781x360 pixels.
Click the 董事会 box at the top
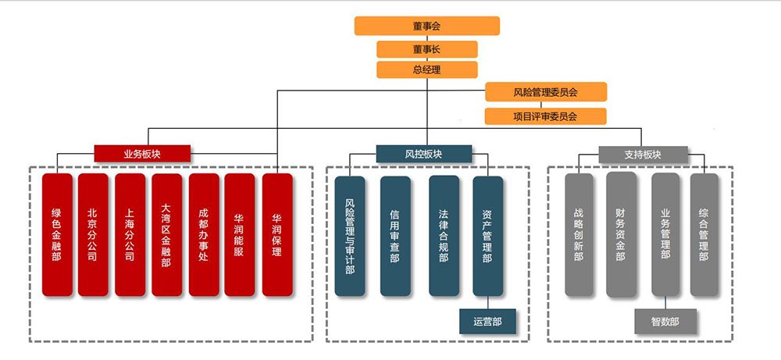pos(426,26)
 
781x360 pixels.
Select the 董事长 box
pos(426,49)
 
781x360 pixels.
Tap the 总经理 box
pos(426,70)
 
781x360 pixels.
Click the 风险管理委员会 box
pos(545,92)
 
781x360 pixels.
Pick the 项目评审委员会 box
pos(545,116)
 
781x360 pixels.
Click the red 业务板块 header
pos(142,154)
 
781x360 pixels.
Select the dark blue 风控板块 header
pos(423,154)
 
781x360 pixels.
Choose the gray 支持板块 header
pos(643,154)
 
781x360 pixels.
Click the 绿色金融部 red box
pos(57,234)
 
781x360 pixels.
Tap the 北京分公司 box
pos(93,234)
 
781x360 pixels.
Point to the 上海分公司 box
pos(130,234)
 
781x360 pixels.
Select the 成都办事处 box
pos(204,234)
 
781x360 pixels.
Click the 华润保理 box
pos(277,234)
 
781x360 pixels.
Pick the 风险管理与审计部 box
pos(350,235)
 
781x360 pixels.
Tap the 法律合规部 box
pos(444,235)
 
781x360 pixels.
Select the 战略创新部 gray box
pos(579,234)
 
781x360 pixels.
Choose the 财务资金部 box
pos(620,234)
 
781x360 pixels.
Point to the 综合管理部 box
pos(704,234)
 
